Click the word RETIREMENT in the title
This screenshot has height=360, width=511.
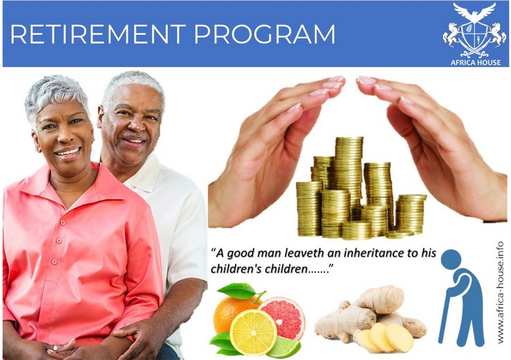[x=98, y=34]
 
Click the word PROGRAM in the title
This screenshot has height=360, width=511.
[x=265, y=34]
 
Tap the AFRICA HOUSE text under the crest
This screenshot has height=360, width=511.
[x=476, y=62]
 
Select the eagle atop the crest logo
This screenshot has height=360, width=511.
[x=474, y=12]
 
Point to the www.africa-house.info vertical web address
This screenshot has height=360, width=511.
[x=501, y=292]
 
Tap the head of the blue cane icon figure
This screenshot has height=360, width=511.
[x=451, y=260]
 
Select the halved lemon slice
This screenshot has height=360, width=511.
[x=253, y=332]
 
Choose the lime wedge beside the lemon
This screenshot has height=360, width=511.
[x=285, y=348]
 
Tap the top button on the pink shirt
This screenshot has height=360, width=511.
[x=62, y=223]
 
